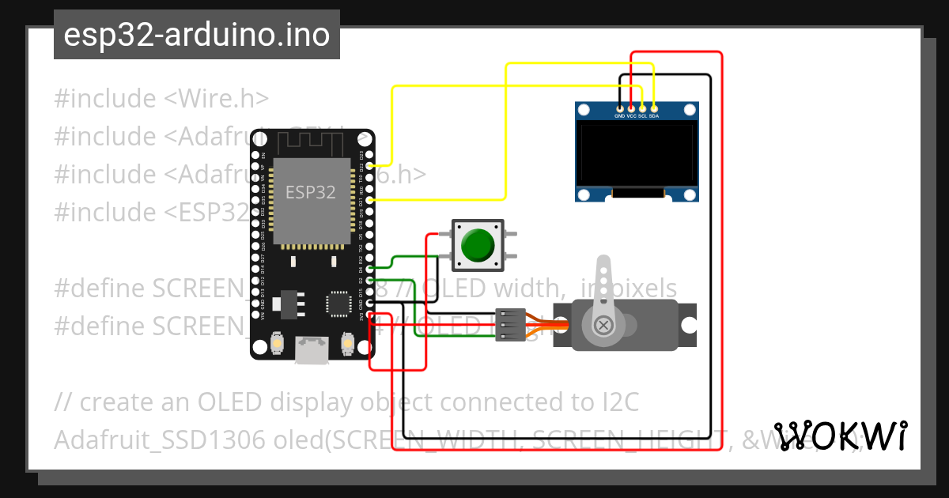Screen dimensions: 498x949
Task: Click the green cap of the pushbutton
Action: [478, 244]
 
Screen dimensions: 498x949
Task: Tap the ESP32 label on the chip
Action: [310, 192]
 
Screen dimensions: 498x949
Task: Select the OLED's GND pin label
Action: [619, 115]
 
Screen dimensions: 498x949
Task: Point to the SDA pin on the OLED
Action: [654, 115]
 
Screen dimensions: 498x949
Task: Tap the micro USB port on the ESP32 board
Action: [312, 349]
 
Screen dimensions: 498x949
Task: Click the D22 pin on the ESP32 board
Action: [369, 167]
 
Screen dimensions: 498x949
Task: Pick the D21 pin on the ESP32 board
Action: [369, 201]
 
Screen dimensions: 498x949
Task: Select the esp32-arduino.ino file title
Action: [196, 35]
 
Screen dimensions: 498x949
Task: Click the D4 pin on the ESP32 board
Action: [369, 269]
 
